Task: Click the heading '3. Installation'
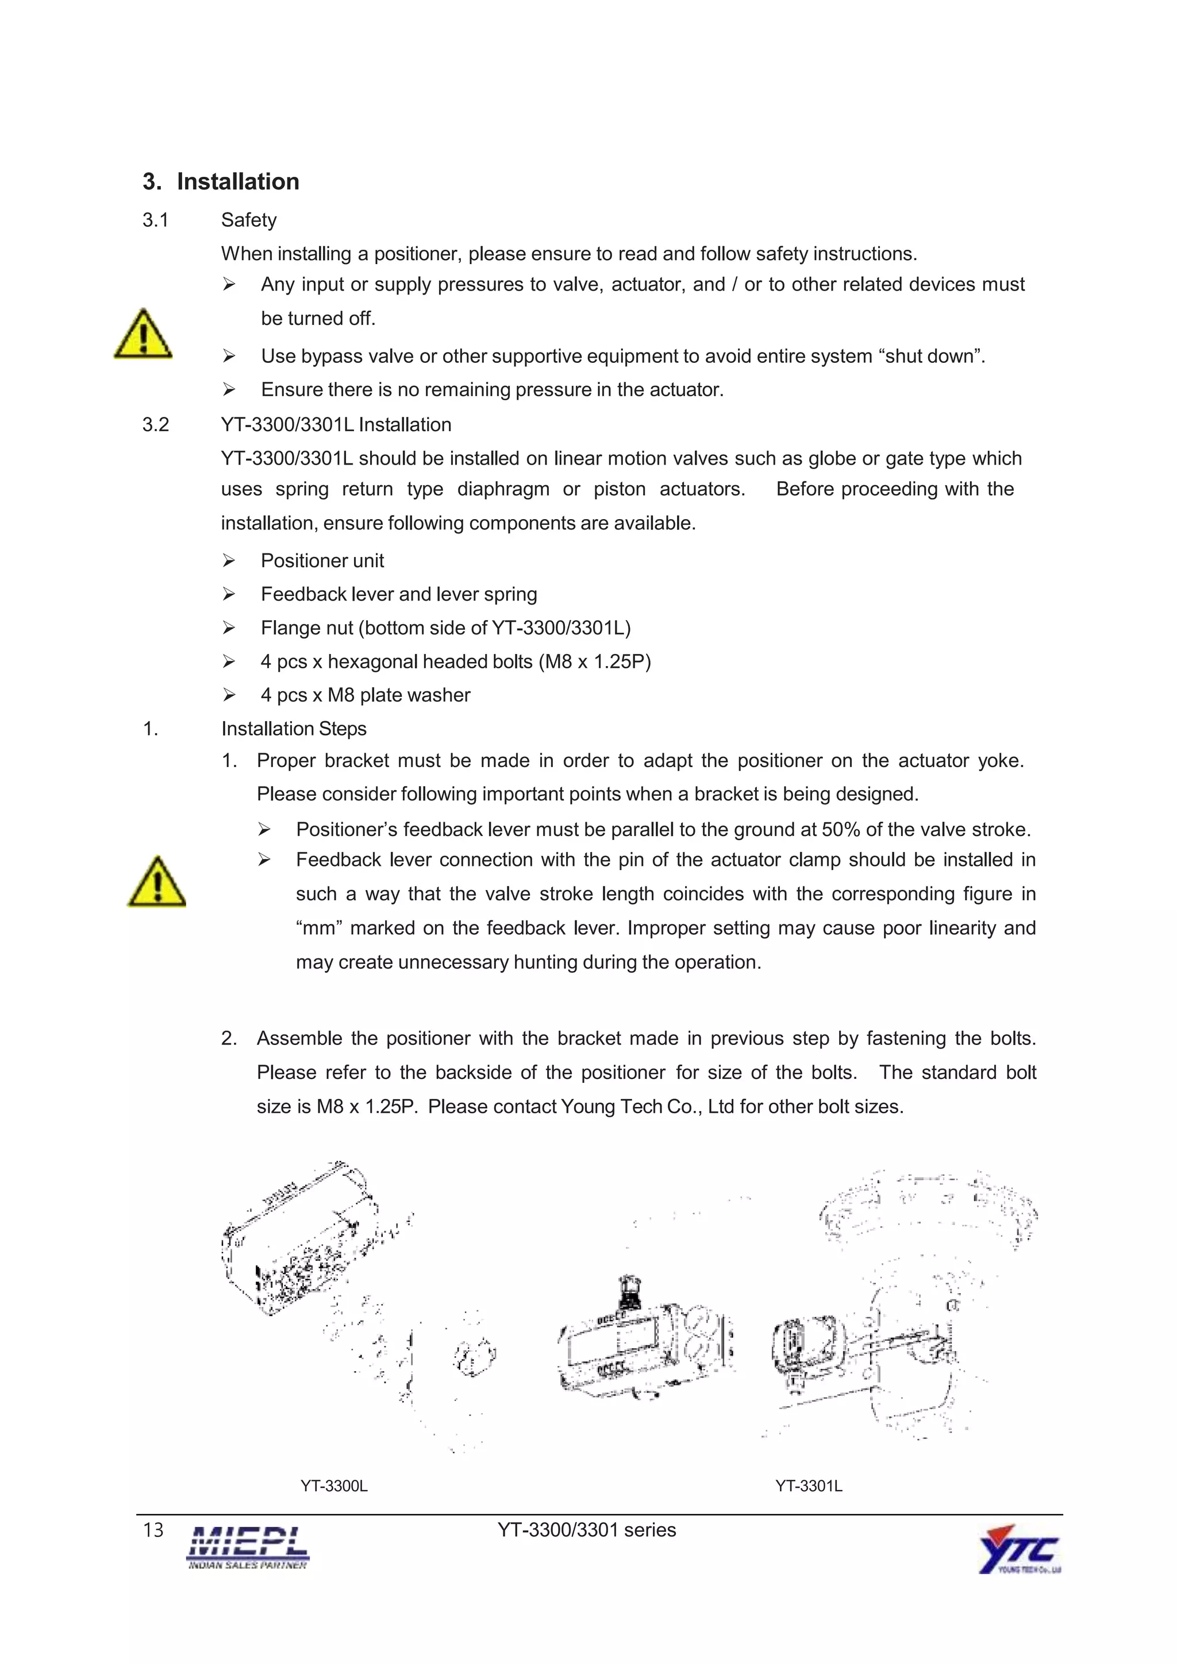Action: pyautogui.click(x=221, y=181)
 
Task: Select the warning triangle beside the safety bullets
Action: pyautogui.click(x=143, y=334)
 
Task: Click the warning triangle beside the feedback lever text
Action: pyautogui.click(x=157, y=882)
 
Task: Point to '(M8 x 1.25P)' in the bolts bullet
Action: pyautogui.click(x=595, y=661)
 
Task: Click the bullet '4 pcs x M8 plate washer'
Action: pyautogui.click(x=365, y=695)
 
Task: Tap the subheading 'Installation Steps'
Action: pyautogui.click(x=294, y=729)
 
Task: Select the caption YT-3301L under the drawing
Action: pyautogui.click(x=808, y=1486)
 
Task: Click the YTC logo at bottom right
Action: pyautogui.click(x=1019, y=1550)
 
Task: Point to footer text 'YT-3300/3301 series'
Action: pyautogui.click(x=586, y=1530)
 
